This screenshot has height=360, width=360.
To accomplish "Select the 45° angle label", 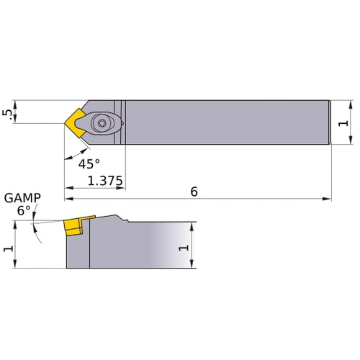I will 89,163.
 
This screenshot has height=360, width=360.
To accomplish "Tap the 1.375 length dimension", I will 105,181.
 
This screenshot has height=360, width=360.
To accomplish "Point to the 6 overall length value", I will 194,192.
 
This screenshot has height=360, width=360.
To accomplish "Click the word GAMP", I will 22,198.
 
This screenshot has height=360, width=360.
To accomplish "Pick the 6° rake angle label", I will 24,210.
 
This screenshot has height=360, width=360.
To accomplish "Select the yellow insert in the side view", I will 73,227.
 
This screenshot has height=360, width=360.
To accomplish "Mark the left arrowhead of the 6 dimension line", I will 69,198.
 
